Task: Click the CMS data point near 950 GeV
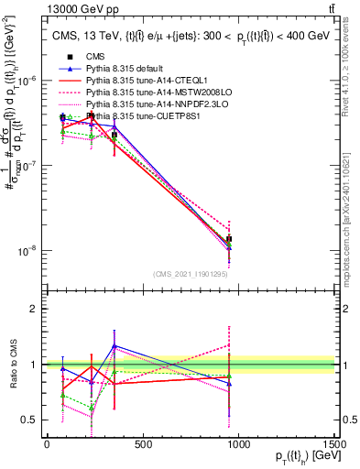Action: pyautogui.click(x=228, y=239)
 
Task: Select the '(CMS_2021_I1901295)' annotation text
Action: pyautogui.click(x=191, y=273)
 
